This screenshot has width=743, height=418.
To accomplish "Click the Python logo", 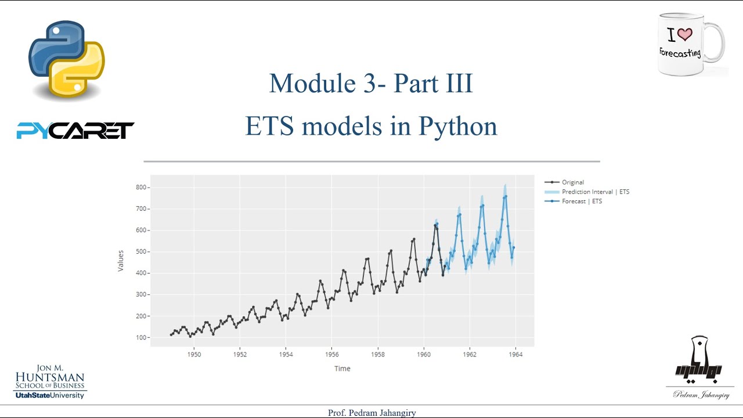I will (66, 60).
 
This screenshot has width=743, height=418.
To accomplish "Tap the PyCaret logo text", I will (75, 131).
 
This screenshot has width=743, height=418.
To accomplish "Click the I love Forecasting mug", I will (691, 45).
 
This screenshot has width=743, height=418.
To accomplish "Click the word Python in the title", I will (458, 126).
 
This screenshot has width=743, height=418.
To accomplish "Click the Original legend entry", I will (572, 182).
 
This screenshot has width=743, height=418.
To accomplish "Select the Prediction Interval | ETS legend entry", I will (595, 192).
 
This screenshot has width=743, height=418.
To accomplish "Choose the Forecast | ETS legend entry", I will (582, 201).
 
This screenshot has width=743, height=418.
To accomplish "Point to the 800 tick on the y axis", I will (141, 188).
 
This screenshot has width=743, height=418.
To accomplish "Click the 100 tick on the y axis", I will (141, 338).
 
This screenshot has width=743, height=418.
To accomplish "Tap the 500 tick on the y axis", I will (141, 252).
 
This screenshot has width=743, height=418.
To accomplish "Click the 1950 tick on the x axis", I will (194, 354).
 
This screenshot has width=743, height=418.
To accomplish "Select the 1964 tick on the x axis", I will (515, 354).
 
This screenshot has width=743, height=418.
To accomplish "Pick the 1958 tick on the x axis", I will (378, 354).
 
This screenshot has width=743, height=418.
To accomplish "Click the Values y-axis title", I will (121, 261).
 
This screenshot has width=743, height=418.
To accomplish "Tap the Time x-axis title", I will (342, 369).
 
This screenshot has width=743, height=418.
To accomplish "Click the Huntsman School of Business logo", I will (51, 382).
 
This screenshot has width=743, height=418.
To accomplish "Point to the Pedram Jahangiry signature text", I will (701, 395).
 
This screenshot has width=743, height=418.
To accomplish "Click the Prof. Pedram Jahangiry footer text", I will (371, 413).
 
